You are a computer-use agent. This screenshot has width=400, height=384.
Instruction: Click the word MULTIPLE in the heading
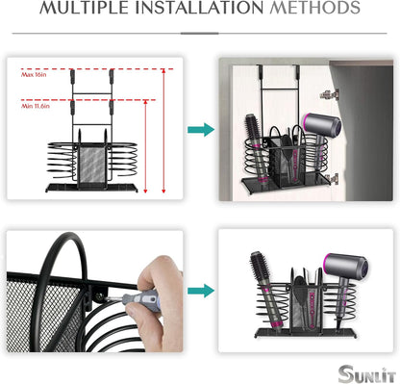[x=90, y=10]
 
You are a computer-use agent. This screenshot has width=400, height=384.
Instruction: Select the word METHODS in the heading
[x=312, y=10]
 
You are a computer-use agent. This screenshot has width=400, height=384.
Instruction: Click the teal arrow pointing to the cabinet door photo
[x=200, y=129]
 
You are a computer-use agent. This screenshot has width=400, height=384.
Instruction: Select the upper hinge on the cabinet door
[x=332, y=93]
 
